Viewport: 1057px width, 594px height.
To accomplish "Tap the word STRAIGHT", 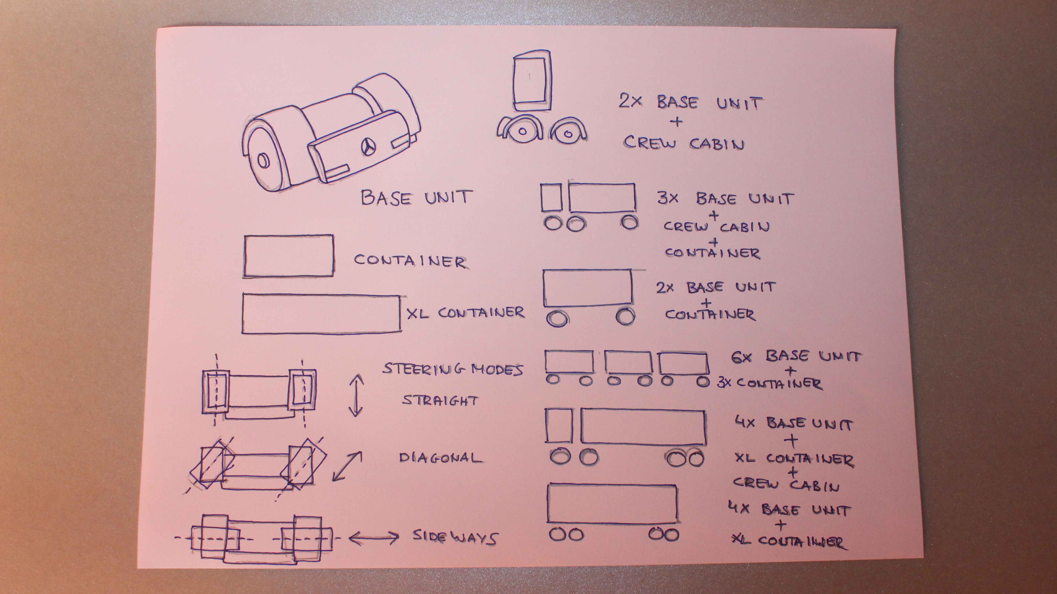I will pyautogui.click(x=440, y=400).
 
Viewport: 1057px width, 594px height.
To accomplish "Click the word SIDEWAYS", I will pyautogui.click(x=455, y=537).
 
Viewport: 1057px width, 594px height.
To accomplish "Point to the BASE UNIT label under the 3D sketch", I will pyautogui.click(x=417, y=197).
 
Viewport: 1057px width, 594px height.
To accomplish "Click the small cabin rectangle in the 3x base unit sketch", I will pyautogui.click(x=551, y=197).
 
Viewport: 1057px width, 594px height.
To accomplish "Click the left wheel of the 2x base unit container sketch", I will pyautogui.click(x=557, y=317).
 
